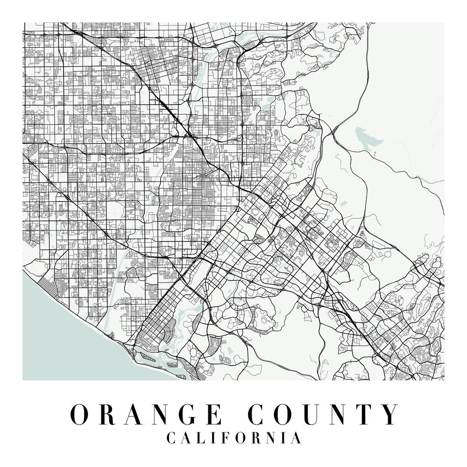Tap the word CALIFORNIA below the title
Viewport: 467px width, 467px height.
(233, 439)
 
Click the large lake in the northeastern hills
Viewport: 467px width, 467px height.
(367, 138)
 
